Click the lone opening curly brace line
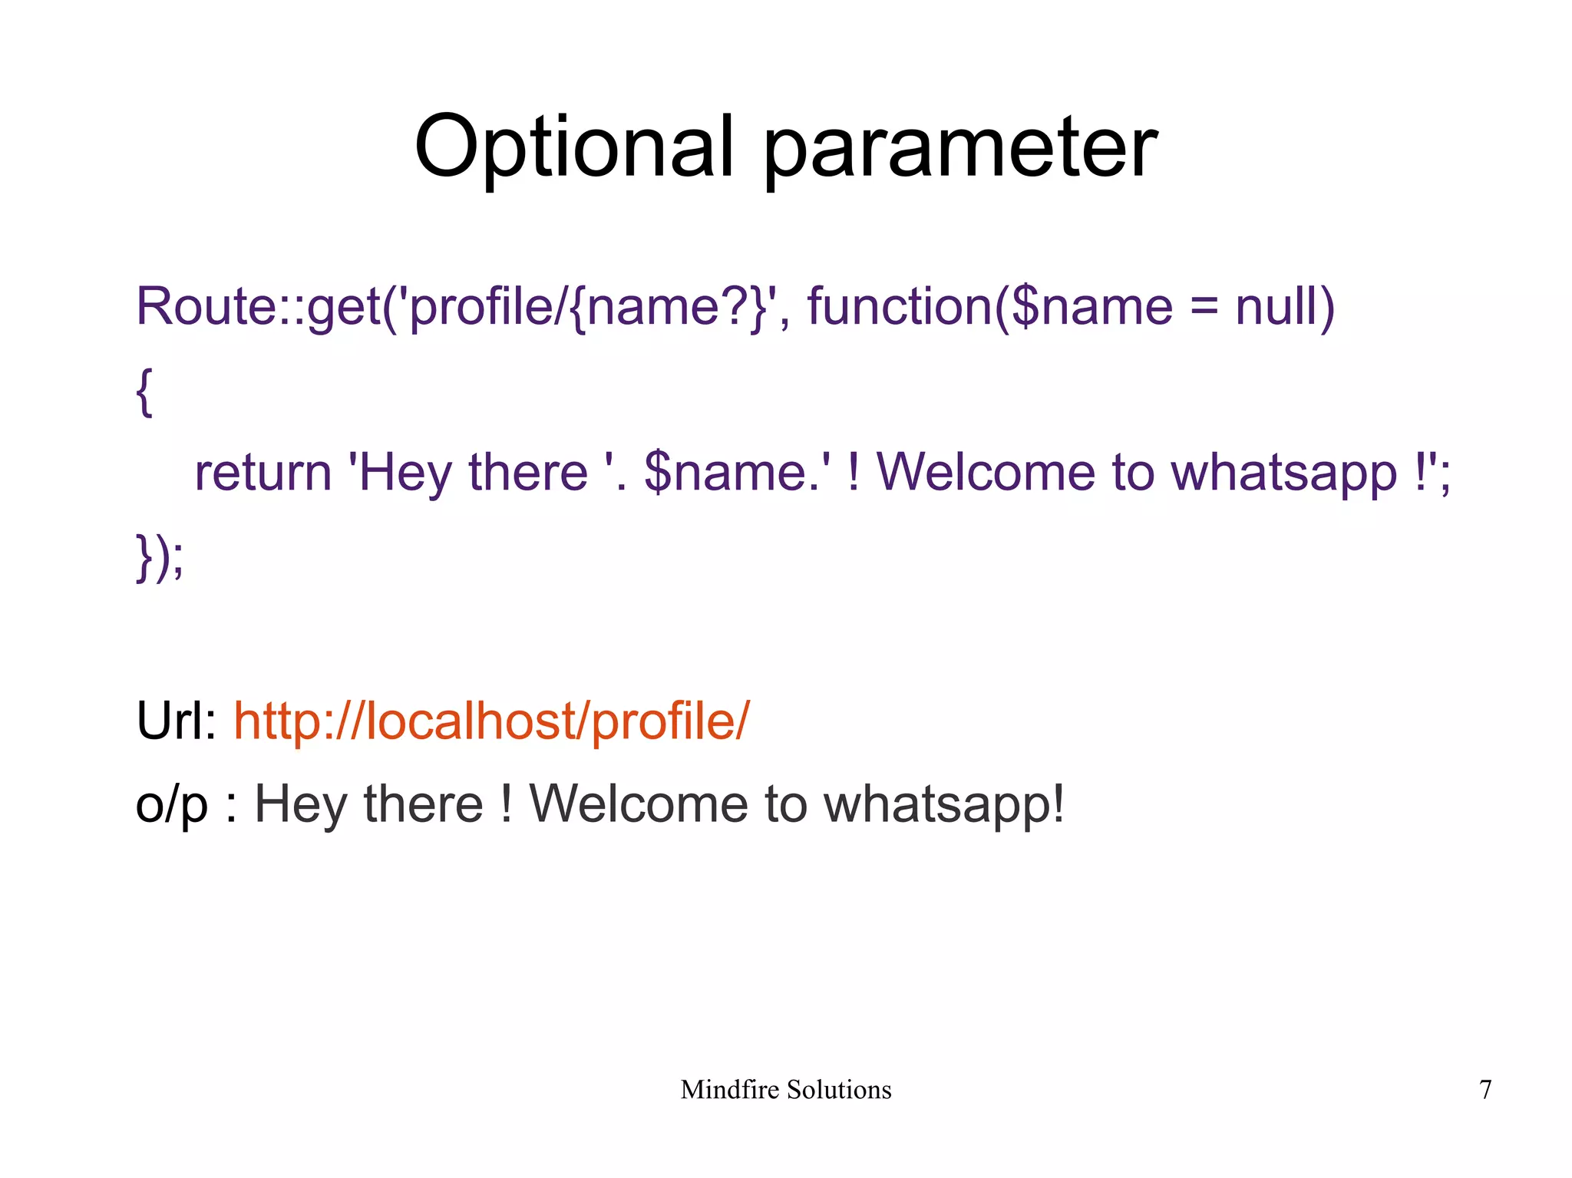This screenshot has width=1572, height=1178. point(144,391)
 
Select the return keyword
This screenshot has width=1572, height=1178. point(263,473)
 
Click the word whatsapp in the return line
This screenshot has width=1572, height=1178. point(1283,474)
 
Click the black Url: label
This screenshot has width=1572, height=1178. point(177,721)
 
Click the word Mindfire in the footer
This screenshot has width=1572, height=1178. point(729,1090)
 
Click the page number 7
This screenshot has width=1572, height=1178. point(1485,1090)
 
